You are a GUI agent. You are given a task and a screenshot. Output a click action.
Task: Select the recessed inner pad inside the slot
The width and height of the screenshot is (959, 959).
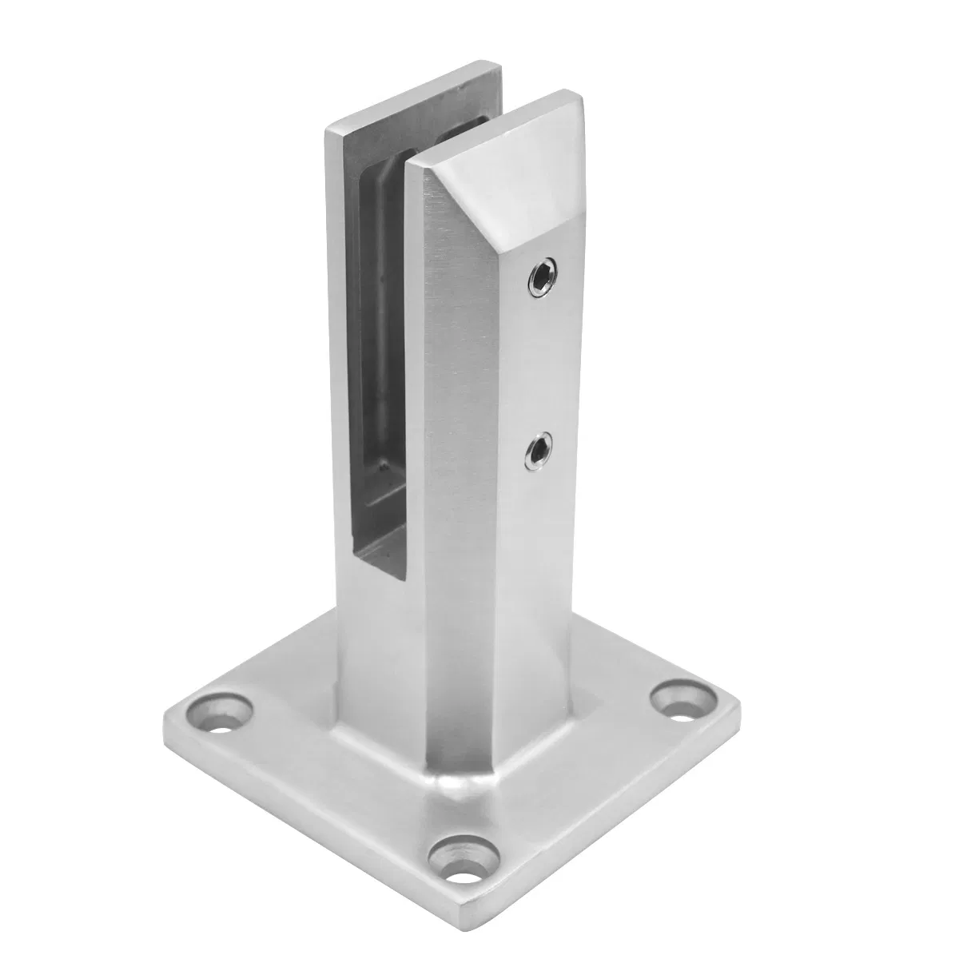380,320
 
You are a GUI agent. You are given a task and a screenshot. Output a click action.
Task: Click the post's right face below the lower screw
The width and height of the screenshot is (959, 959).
535,575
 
